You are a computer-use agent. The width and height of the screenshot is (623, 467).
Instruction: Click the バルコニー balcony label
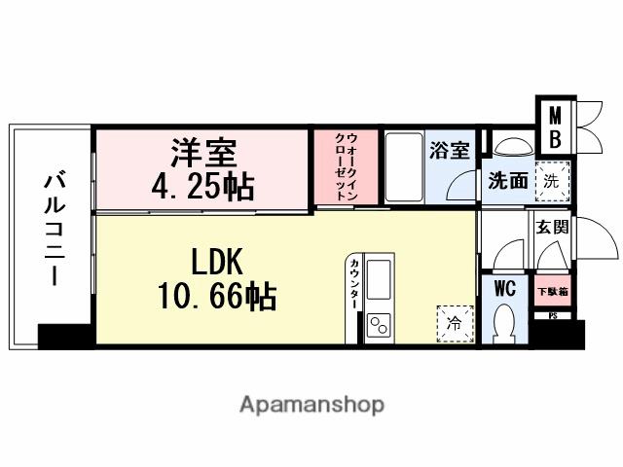click(x=52, y=230)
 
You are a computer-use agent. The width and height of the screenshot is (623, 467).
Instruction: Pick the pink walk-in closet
click(x=345, y=166)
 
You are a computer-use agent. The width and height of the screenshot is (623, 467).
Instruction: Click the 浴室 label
click(x=450, y=151)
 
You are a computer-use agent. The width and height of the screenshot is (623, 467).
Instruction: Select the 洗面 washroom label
click(x=507, y=181)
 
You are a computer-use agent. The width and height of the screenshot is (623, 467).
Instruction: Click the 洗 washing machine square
click(x=552, y=180)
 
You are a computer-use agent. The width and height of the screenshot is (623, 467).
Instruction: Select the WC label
click(x=504, y=289)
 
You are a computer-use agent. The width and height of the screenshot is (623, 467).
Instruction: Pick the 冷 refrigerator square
click(x=453, y=321)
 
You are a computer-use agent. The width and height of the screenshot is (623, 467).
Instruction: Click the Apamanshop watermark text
click(x=311, y=403)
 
